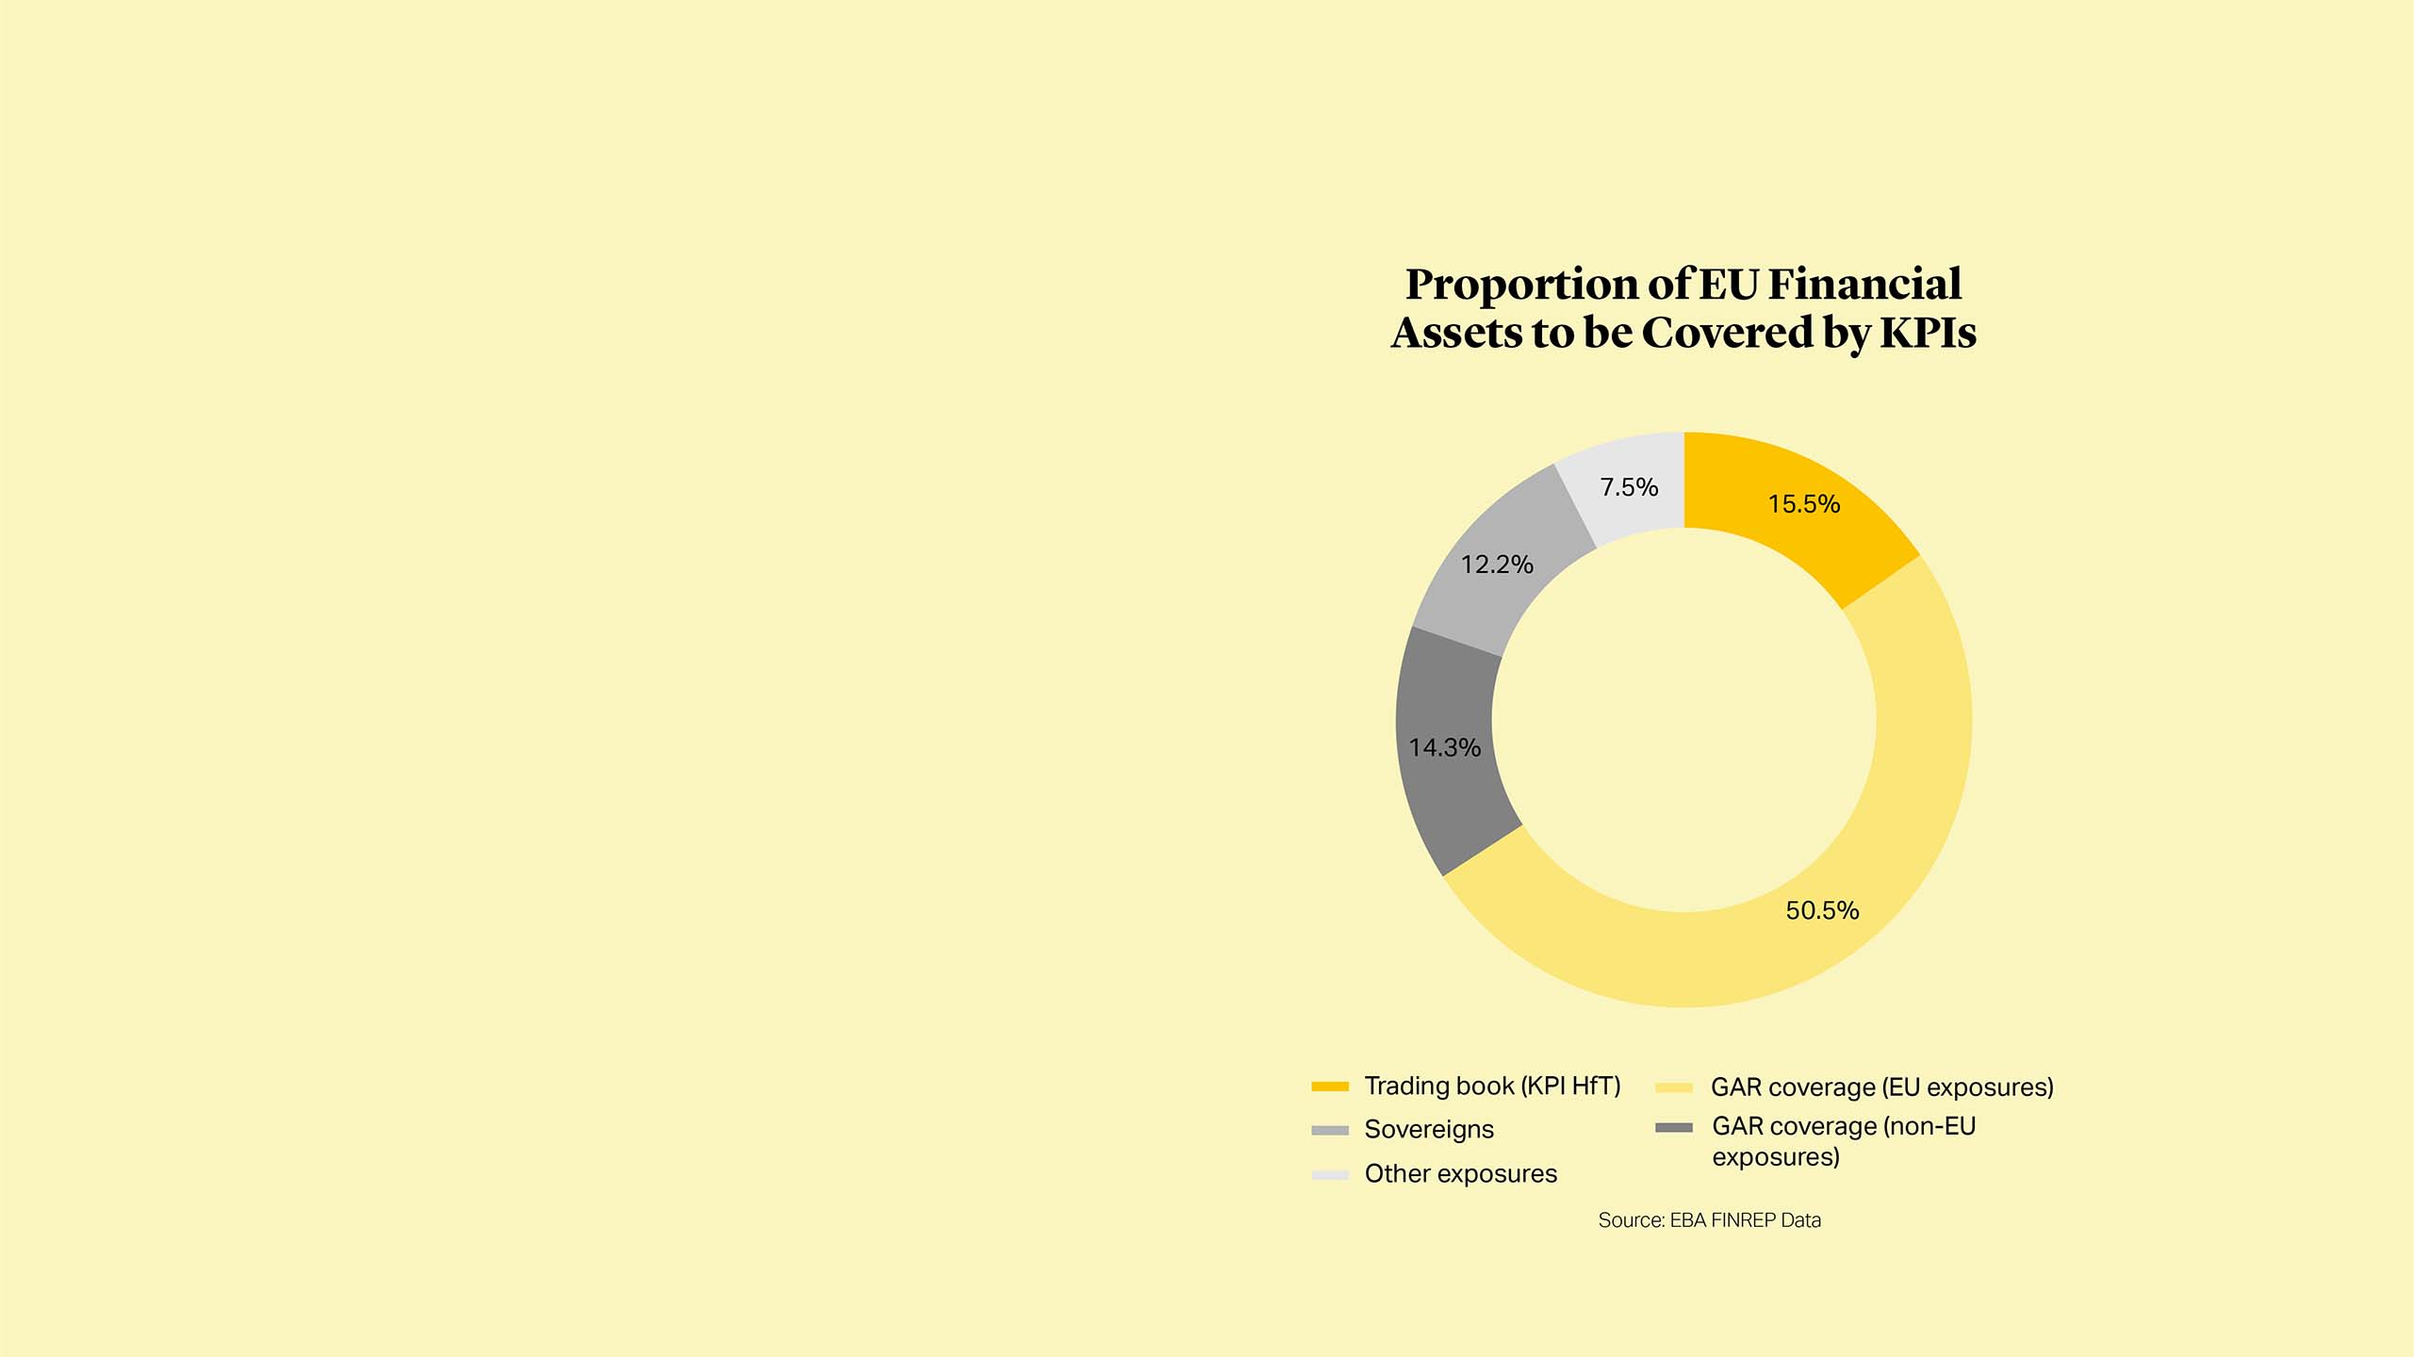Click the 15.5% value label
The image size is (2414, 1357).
1803,504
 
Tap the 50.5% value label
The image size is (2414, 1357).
1822,910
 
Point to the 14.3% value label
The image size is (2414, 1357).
1444,748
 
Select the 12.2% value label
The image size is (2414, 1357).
1497,564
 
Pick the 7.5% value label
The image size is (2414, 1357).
1629,487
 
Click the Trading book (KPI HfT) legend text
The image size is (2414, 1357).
1492,1087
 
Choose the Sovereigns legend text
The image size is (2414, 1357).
1429,1130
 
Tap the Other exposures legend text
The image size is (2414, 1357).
1460,1174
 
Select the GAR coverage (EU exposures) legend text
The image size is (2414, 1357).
1881,1087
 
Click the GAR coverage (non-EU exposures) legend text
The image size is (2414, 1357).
1843,1141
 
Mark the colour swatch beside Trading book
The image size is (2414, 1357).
1330,1087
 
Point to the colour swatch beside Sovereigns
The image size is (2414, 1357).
1330,1131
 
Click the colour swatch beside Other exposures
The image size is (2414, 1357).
1330,1175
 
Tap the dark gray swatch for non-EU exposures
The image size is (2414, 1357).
1674,1127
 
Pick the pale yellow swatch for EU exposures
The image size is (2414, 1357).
1674,1088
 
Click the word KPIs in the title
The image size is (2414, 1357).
1928,333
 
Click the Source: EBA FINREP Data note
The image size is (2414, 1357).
1709,1220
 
